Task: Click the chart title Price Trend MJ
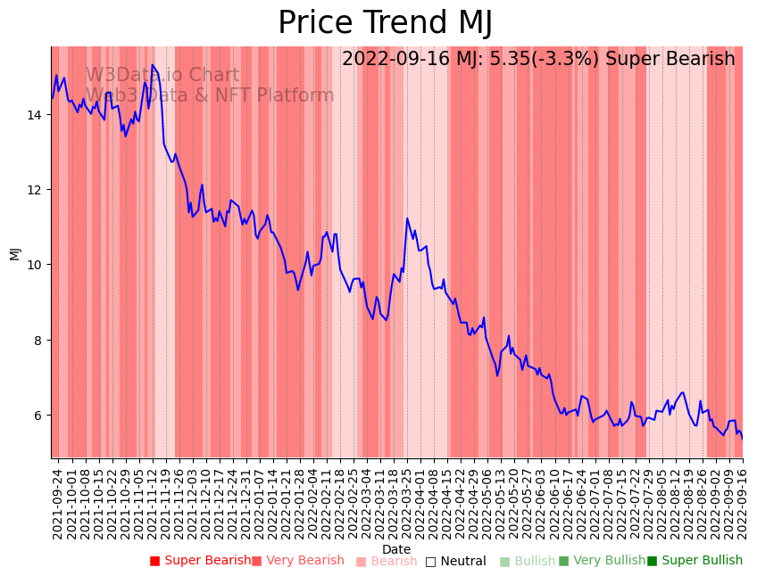(385, 23)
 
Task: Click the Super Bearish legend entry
(200, 561)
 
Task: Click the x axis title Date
(396, 549)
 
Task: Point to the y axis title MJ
(14, 252)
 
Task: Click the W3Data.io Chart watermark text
(162, 76)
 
